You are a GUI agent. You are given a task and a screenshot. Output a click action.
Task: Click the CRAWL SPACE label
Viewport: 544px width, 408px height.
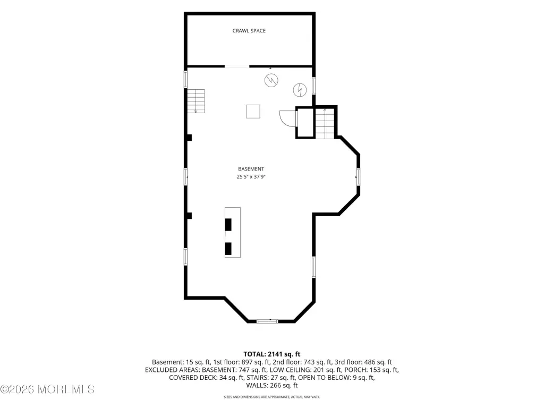click(249, 30)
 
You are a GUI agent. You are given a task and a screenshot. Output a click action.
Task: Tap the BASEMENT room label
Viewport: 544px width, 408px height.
click(251, 169)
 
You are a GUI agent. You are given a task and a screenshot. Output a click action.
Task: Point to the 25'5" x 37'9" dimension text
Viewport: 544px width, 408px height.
click(251, 176)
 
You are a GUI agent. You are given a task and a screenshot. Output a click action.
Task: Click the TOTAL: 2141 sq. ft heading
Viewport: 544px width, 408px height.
click(271, 354)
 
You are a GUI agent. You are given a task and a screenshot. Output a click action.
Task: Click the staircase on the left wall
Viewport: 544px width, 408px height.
click(196, 101)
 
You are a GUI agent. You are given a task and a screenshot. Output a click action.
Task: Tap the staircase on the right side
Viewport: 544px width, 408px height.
click(325, 123)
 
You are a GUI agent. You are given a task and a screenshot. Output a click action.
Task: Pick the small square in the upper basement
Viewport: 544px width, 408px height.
click(253, 112)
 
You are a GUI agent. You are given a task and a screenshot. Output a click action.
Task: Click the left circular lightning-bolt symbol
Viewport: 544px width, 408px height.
click(271, 81)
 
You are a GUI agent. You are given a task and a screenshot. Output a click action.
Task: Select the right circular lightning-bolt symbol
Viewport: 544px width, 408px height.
click(300, 90)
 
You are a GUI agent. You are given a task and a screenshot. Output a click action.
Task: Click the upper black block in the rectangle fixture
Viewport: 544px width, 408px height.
click(228, 225)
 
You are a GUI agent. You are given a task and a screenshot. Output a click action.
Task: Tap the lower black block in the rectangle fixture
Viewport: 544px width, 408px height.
click(228, 249)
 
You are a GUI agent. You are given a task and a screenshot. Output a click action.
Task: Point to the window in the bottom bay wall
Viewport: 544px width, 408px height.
click(267, 321)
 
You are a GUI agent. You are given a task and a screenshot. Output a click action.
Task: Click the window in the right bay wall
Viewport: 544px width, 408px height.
click(358, 176)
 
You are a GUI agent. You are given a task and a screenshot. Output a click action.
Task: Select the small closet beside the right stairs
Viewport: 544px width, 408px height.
click(305, 123)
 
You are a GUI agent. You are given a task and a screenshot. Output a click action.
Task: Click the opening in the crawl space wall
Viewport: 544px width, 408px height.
click(237, 66)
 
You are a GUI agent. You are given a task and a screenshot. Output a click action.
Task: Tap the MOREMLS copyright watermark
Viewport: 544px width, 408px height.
click(47, 389)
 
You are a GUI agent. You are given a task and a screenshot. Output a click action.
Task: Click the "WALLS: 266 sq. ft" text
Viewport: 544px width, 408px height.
click(271, 385)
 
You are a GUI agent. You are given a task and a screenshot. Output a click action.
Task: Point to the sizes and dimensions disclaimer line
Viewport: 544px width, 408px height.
click(271, 396)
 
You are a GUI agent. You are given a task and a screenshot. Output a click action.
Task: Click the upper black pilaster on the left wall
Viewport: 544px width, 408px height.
click(189, 138)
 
